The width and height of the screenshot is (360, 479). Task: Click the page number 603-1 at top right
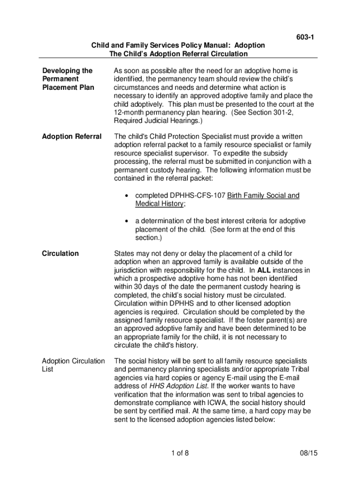(x=305, y=37)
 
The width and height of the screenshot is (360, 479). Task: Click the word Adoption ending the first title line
(x=249, y=45)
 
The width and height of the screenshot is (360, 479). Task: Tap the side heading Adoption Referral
(x=72, y=137)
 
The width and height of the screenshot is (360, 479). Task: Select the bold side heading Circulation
(x=60, y=254)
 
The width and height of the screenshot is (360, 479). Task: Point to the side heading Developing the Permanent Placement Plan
(x=68, y=79)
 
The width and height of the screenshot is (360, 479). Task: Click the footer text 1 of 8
(x=180, y=453)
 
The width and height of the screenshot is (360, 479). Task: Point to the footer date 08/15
(x=308, y=453)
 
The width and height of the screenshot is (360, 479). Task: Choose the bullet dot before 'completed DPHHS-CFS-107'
(x=127, y=196)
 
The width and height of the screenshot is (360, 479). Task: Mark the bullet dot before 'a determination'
(x=127, y=221)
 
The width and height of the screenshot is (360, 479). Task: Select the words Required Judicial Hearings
(x=156, y=121)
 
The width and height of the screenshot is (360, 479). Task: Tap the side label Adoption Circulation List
(x=73, y=365)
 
